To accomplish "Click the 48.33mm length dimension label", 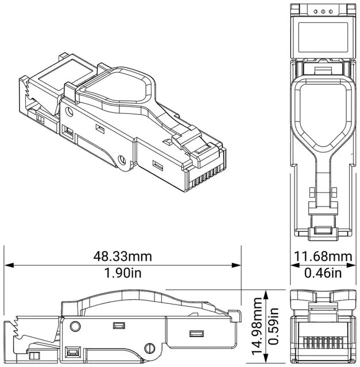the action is (122, 256).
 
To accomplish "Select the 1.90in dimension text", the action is (123, 273).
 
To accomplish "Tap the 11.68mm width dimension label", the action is (323, 256).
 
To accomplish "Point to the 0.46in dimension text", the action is (323, 273).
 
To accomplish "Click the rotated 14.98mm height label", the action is (257, 326).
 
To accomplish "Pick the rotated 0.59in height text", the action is (273, 326).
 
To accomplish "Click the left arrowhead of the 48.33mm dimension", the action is (9, 265).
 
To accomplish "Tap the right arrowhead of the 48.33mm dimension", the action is (236, 265).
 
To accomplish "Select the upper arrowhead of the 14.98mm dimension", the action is (265, 295).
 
